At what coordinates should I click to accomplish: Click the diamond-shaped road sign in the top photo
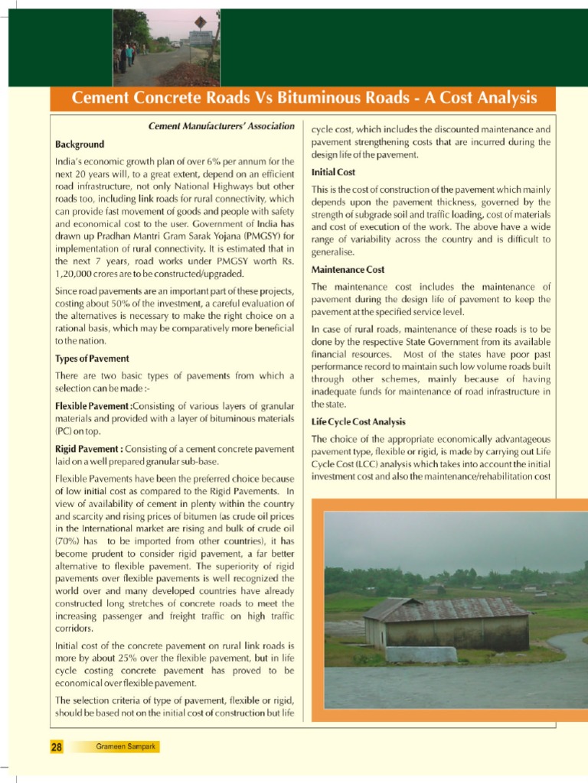[x=201, y=22]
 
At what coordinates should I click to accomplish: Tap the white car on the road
[x=177, y=45]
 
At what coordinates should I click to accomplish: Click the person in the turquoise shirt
[x=130, y=53]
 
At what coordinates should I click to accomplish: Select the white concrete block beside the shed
[x=421, y=655]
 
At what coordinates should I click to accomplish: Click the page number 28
[x=57, y=747]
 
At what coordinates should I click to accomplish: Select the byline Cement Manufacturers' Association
[x=220, y=126]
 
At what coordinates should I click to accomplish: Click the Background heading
[x=80, y=144]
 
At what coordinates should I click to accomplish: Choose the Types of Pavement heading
[x=92, y=358]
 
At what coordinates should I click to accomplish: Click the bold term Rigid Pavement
[x=87, y=448]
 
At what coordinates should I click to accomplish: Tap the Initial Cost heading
[x=333, y=172]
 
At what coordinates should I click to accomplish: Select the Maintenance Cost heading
[x=348, y=269]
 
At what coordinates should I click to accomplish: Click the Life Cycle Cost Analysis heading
[x=358, y=421]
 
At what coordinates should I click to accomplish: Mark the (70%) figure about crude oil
[x=68, y=541]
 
